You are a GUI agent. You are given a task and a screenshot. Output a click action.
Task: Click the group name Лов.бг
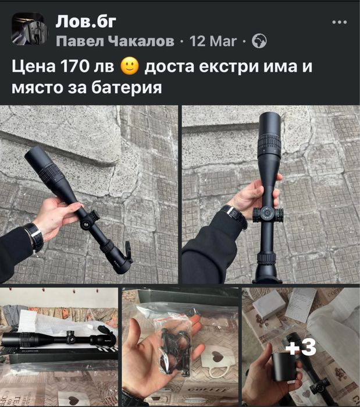pos(86,22)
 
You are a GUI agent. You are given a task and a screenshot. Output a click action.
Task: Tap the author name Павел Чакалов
pos(115,41)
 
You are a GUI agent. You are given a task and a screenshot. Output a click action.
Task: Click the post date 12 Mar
pos(213,41)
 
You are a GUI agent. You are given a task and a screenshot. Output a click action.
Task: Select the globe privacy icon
pos(259,41)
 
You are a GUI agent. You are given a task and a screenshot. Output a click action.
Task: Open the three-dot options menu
pos(339,22)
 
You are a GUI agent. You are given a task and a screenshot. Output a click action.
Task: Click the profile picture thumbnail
pos(29,29)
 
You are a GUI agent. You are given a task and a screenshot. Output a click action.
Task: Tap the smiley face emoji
pos(130,66)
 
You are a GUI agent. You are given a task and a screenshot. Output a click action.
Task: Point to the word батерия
pos(127,87)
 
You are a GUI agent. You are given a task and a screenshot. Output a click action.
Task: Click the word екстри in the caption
pos(229,66)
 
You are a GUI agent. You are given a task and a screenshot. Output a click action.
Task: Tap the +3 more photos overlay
pos(301,347)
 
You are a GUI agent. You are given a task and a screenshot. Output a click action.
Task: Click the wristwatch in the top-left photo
pos(34,237)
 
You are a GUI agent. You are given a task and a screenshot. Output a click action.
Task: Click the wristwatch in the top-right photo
pos(233,216)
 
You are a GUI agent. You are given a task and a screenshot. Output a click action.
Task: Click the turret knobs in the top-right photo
pos(268,215)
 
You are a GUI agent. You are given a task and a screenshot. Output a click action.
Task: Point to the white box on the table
pos(269,304)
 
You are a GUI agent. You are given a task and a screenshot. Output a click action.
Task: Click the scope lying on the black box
pos(59,339)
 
